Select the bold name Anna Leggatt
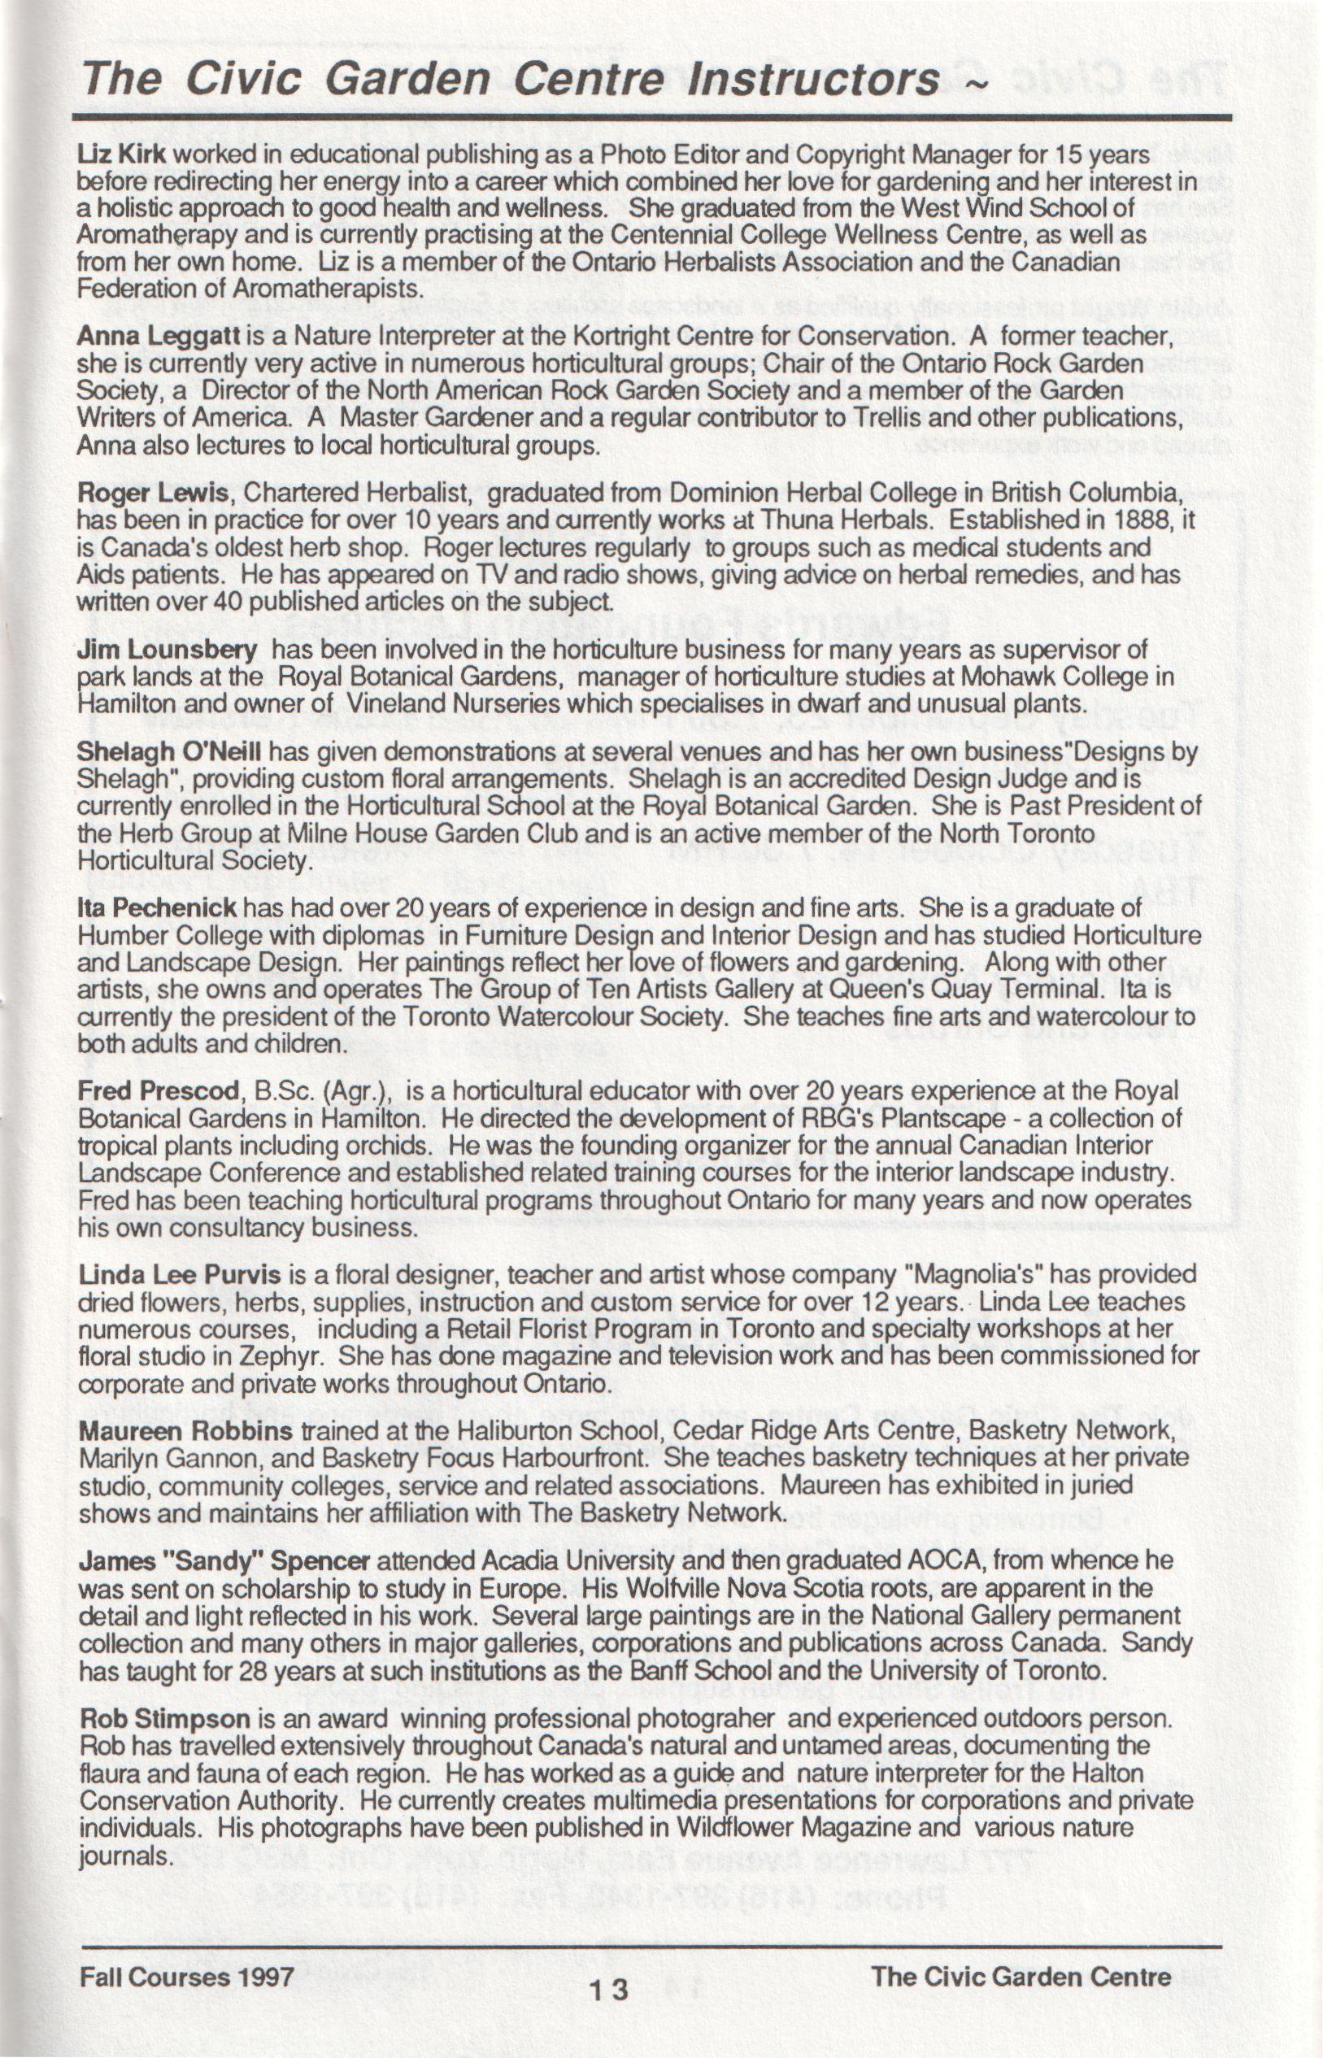(x=161, y=336)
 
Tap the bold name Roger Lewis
(x=153, y=493)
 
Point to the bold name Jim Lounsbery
(x=167, y=650)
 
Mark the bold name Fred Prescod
(x=159, y=1091)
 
